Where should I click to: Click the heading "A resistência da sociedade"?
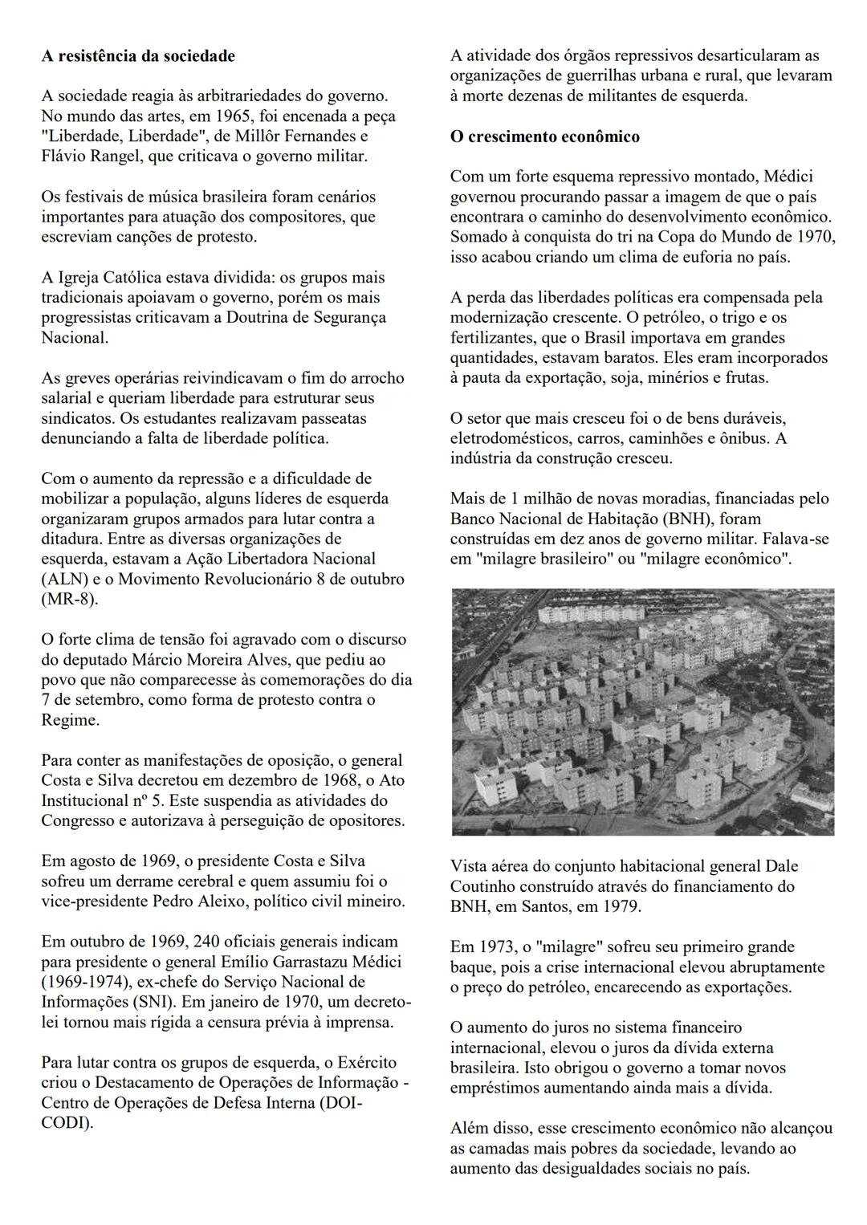(138, 56)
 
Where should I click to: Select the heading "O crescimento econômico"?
(545, 136)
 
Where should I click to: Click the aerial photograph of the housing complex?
(642, 711)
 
